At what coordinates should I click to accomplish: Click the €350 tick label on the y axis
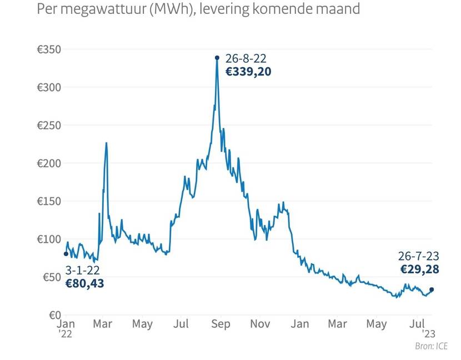pos(49,49)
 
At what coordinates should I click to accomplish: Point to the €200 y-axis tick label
pos(49,163)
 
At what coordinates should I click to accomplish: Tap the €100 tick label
pos(49,239)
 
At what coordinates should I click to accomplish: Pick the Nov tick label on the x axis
pos(260,324)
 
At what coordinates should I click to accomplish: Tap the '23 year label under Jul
pos(428,334)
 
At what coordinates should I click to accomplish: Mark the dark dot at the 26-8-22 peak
pos(217,57)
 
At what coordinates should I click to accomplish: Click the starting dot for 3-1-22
pos(66,254)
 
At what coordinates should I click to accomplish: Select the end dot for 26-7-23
pos(432,289)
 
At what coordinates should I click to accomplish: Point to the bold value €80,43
pos(84,283)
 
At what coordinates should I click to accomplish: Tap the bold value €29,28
pos(420,269)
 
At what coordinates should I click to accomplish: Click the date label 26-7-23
pos(419,256)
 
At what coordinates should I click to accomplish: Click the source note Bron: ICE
pos(432,347)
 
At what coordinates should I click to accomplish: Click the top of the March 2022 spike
pos(106,143)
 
